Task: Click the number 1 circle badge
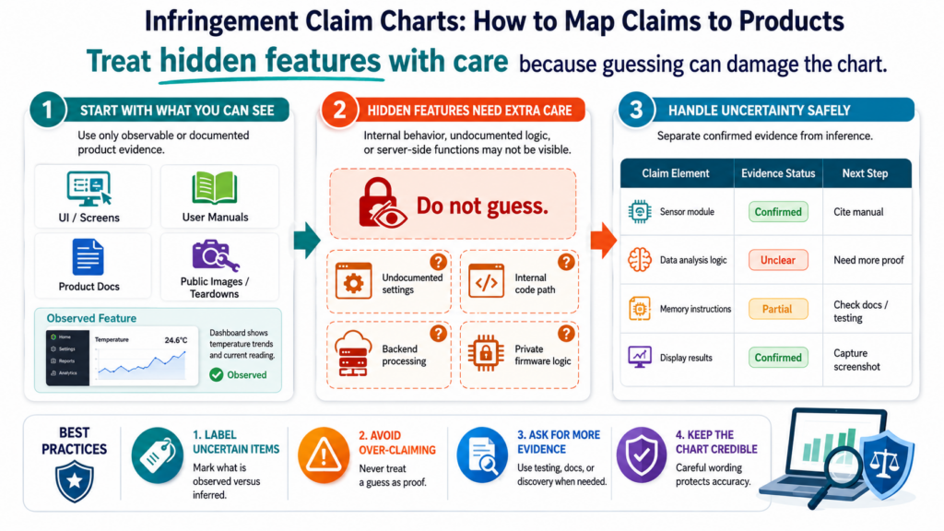(x=47, y=111)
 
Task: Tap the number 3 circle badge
(x=636, y=111)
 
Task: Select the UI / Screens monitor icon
(x=89, y=189)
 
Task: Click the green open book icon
(x=214, y=188)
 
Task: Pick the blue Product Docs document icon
(x=88, y=257)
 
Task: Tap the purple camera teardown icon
(x=215, y=256)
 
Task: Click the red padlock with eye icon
(x=381, y=203)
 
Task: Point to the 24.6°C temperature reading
(x=176, y=340)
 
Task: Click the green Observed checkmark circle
(x=216, y=375)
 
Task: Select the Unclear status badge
(x=778, y=260)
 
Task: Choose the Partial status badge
(x=778, y=309)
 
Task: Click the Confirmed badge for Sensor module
(x=778, y=212)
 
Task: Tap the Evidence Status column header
(x=778, y=173)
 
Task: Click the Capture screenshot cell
(x=856, y=360)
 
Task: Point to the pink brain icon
(x=640, y=260)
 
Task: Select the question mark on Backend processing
(x=438, y=334)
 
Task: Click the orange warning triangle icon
(x=324, y=455)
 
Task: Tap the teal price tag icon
(x=157, y=455)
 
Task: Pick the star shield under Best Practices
(x=74, y=481)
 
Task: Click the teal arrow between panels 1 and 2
(x=306, y=240)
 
